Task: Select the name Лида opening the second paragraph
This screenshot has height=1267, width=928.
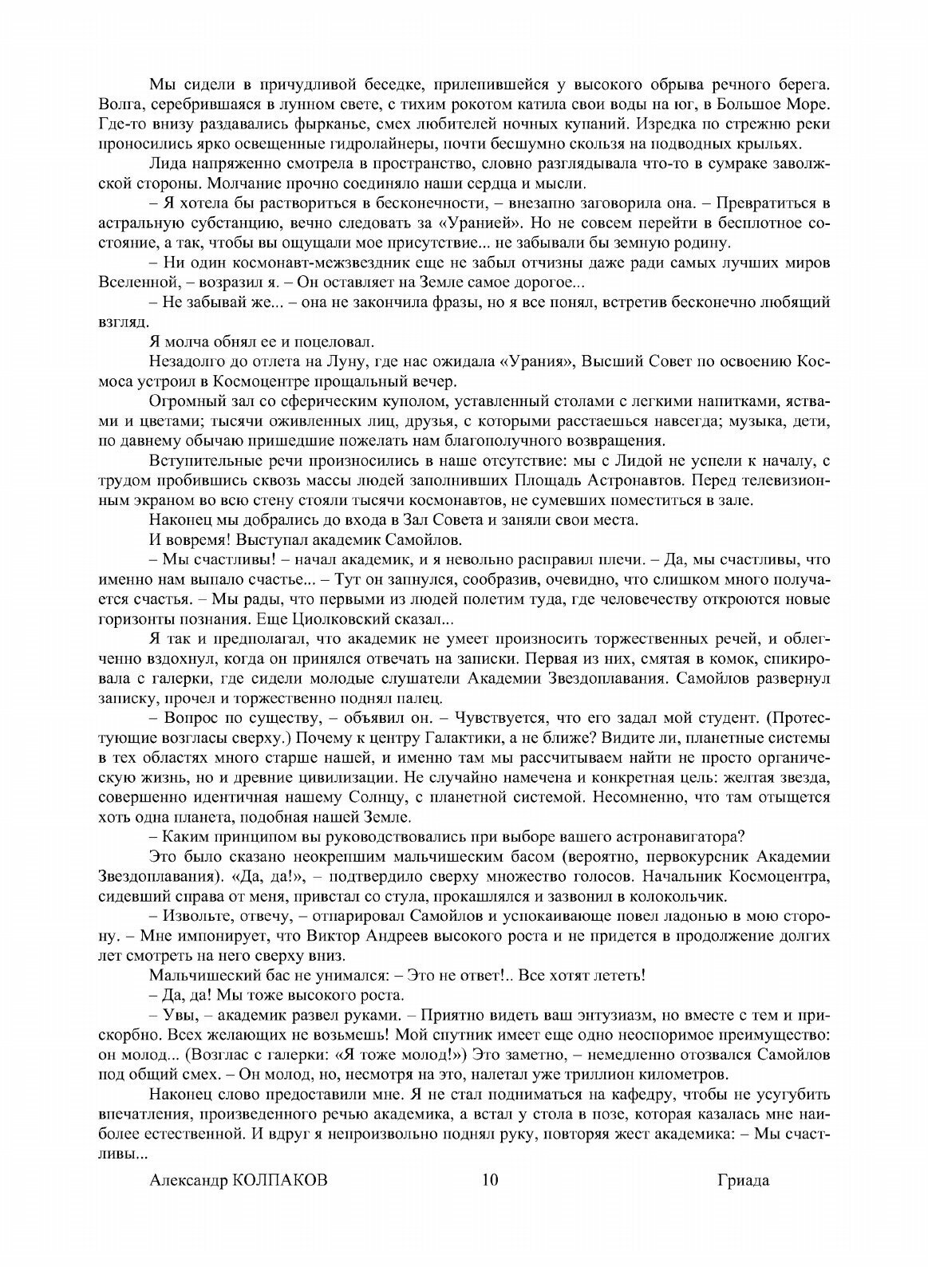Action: coord(164,164)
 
